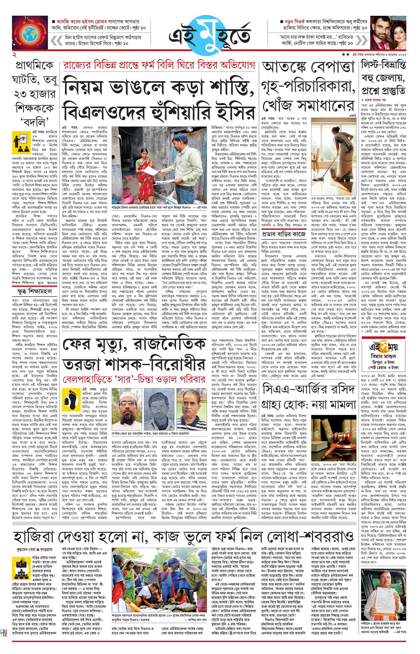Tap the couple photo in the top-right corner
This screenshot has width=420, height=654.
pyautogui.click(x=388, y=32)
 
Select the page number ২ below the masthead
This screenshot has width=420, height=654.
pyautogui.click(x=15, y=55)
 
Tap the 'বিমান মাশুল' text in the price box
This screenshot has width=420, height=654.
pyautogui.click(x=383, y=356)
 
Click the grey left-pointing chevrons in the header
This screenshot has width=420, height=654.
pyautogui.click(x=57, y=40)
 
